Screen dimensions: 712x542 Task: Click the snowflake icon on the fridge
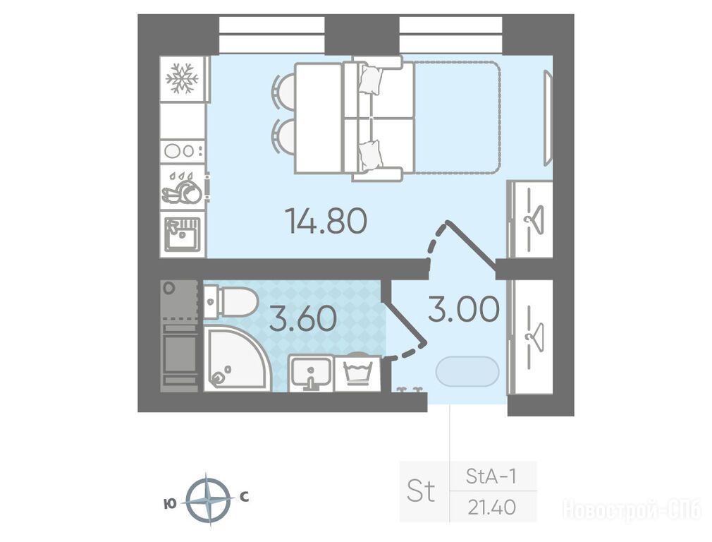tap(182, 78)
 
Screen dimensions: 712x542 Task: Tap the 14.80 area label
tap(326, 220)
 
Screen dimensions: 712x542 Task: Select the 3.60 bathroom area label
tap(303, 318)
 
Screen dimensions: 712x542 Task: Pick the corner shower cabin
tap(237, 359)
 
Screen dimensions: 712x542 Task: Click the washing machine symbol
tap(359, 372)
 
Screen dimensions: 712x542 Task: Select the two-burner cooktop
tap(183, 150)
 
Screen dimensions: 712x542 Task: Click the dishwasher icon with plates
tap(183, 187)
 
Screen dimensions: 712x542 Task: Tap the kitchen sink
tap(183, 234)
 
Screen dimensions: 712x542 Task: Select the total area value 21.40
tap(492, 507)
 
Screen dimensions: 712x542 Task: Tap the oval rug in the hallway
tap(467, 371)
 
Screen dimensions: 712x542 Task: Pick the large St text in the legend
tap(421, 491)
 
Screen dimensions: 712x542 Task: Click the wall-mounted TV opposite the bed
tap(548, 119)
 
